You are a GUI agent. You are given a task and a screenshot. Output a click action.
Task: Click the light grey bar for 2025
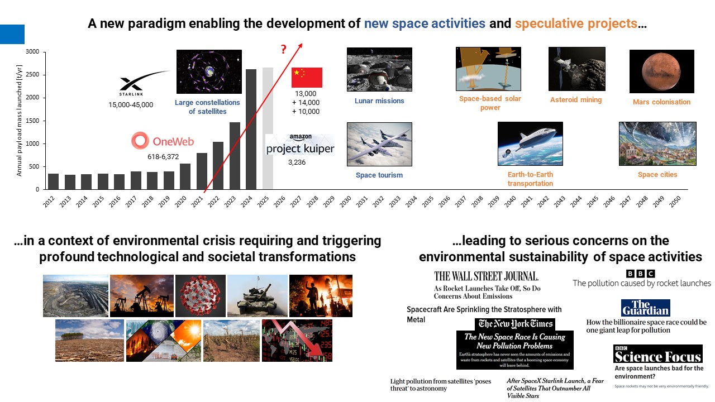268,128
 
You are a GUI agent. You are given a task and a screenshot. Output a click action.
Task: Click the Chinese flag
307,78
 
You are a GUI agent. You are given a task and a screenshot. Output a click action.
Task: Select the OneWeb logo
163,141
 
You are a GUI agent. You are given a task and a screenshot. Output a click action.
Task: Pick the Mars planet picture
661,71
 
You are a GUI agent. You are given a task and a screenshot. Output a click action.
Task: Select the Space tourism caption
379,175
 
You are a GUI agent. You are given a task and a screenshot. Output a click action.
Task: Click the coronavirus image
200,296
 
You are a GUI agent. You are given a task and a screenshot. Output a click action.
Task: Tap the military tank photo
257,296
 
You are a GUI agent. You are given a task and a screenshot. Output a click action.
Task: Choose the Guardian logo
645,308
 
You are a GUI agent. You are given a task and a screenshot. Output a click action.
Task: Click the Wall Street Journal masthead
487,276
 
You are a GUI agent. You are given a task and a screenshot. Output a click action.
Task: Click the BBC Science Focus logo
657,354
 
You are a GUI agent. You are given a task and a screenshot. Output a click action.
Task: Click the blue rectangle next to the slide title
12,34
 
